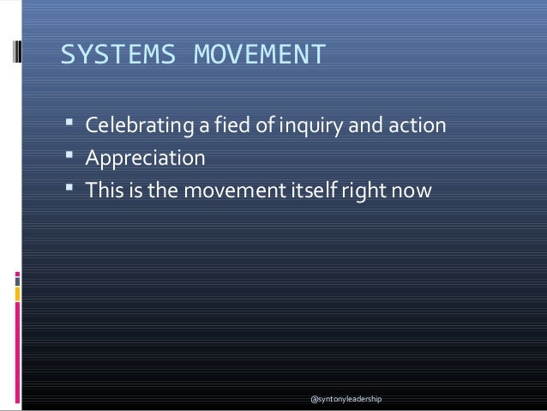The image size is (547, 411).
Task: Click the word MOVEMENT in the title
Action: [260, 54]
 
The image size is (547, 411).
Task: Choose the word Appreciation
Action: [145, 159]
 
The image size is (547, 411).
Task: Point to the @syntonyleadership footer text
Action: [346, 400]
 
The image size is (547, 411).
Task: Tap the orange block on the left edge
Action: [17, 295]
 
